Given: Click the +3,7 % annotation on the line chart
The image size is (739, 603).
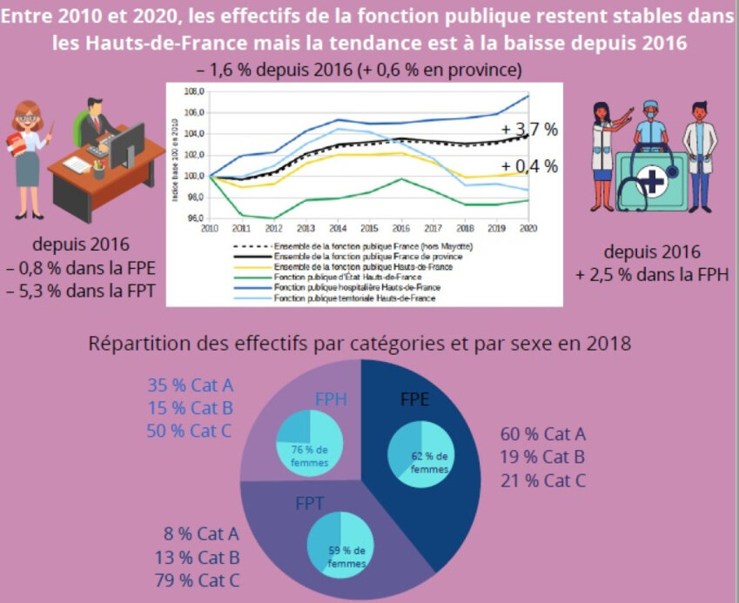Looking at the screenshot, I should pyautogui.click(x=528, y=131).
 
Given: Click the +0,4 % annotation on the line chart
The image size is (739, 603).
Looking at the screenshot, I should pyautogui.click(x=528, y=166).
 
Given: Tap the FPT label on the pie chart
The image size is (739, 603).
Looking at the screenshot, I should pyautogui.click(x=311, y=504).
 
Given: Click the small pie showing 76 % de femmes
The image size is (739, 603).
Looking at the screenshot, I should pyautogui.click(x=305, y=446).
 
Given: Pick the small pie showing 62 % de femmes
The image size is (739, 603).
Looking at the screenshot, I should pyautogui.click(x=421, y=451).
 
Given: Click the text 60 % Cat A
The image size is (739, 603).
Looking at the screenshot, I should pyautogui.click(x=542, y=434).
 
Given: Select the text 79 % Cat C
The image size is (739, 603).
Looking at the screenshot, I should pyautogui.click(x=201, y=580).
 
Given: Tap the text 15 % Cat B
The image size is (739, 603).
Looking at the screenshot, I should pyautogui.click(x=191, y=408).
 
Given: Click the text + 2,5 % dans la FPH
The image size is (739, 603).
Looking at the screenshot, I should pyautogui.click(x=650, y=275).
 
